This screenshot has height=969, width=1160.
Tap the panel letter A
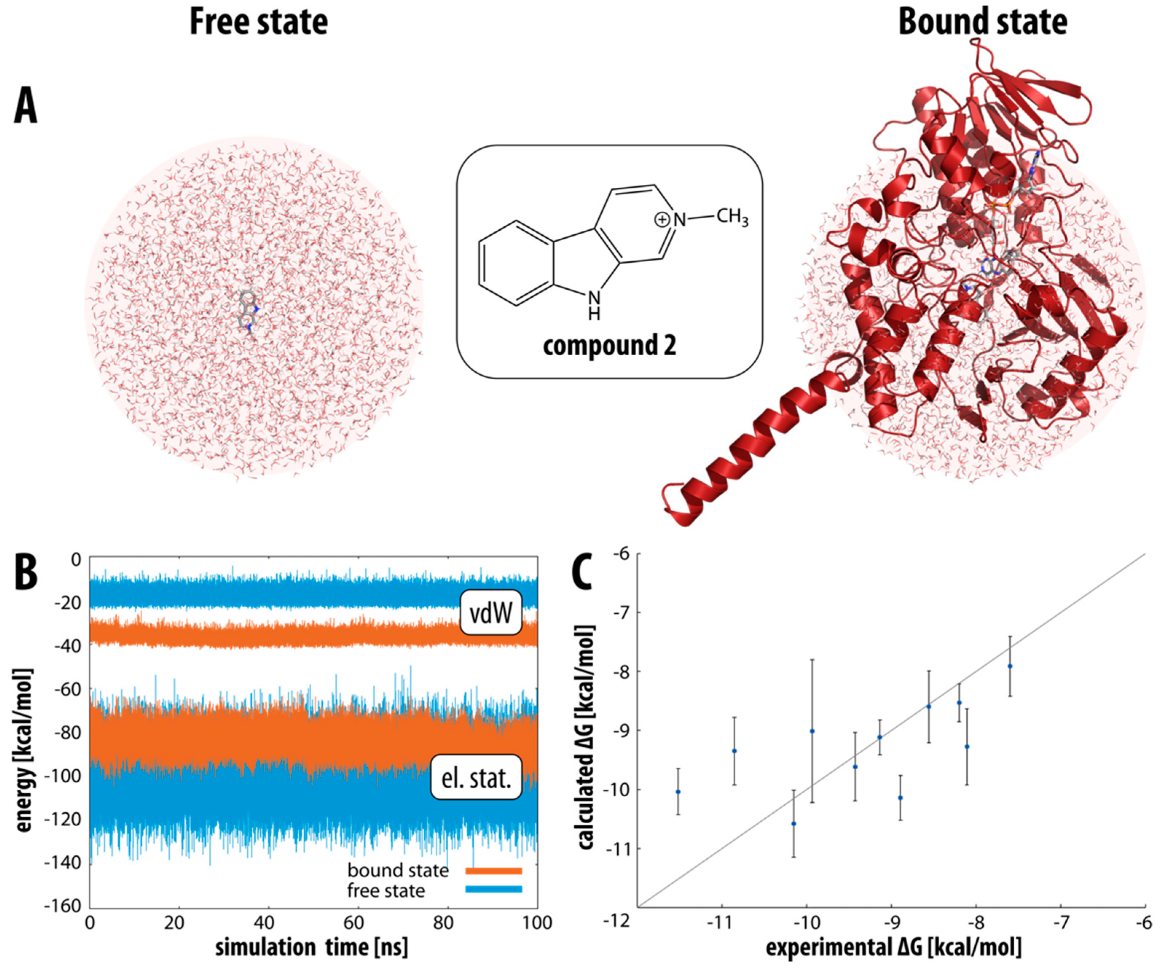click(x=25, y=108)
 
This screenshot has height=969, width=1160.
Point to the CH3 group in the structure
click(x=732, y=217)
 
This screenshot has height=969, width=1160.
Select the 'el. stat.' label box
click(x=476, y=778)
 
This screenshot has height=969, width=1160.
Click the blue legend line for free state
click(x=493, y=890)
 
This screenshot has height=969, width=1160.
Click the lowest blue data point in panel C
click(x=794, y=824)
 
